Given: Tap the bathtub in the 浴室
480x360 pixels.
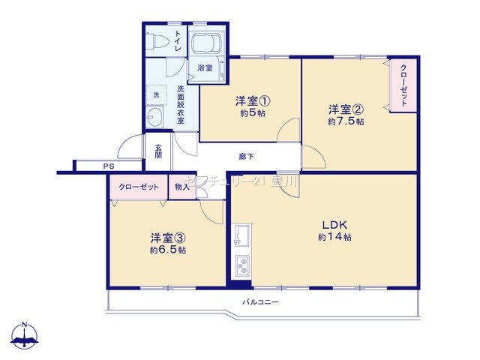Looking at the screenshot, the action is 206,43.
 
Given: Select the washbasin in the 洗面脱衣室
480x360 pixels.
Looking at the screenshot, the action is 154,117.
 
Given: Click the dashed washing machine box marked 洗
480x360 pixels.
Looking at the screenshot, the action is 156,95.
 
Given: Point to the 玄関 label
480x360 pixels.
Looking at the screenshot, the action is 158,151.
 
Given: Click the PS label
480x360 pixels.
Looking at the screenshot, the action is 109,166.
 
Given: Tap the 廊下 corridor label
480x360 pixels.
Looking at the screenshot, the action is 247,157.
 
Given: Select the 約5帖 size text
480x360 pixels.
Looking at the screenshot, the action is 253,113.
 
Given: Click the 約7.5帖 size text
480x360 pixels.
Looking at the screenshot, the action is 346,121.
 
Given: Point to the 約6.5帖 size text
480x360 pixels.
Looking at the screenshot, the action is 168,250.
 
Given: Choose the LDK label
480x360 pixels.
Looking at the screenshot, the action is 334,225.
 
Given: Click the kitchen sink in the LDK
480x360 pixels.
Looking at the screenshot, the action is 241,235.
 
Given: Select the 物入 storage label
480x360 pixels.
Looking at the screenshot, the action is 182,187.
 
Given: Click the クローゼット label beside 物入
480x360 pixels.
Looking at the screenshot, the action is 139,187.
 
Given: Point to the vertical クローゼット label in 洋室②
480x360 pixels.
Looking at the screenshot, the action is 403,85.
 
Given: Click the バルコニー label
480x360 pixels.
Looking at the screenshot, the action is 261,302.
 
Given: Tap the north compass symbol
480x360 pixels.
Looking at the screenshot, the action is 25,335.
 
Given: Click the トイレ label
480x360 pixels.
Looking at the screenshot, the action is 178,40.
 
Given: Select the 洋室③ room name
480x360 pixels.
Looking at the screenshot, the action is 168,238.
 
